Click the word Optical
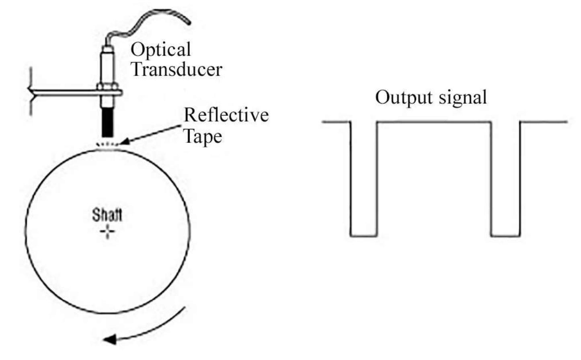(160, 50)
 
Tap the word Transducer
(177, 69)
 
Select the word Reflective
(226, 115)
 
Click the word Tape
(203, 136)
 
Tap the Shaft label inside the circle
(107, 215)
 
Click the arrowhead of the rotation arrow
(110, 339)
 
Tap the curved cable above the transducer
(149, 20)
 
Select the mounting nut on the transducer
(107, 86)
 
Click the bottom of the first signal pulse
(363, 236)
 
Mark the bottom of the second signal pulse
(505, 236)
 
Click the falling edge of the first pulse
(351, 179)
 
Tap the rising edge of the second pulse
(520, 179)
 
